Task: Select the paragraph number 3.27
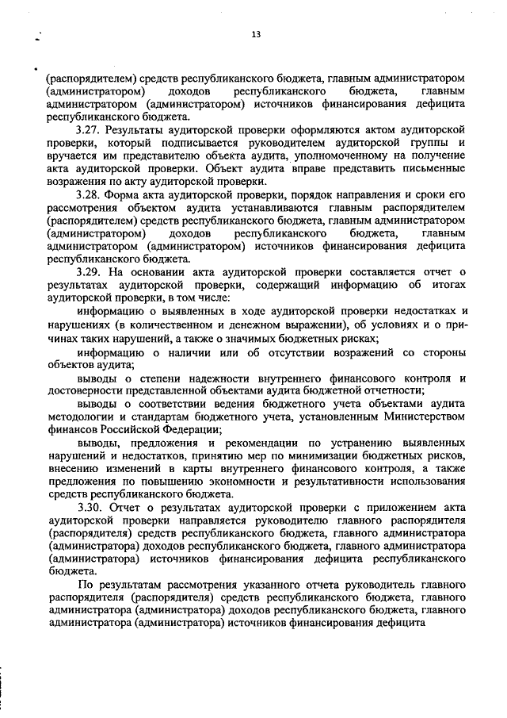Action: click(89, 129)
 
